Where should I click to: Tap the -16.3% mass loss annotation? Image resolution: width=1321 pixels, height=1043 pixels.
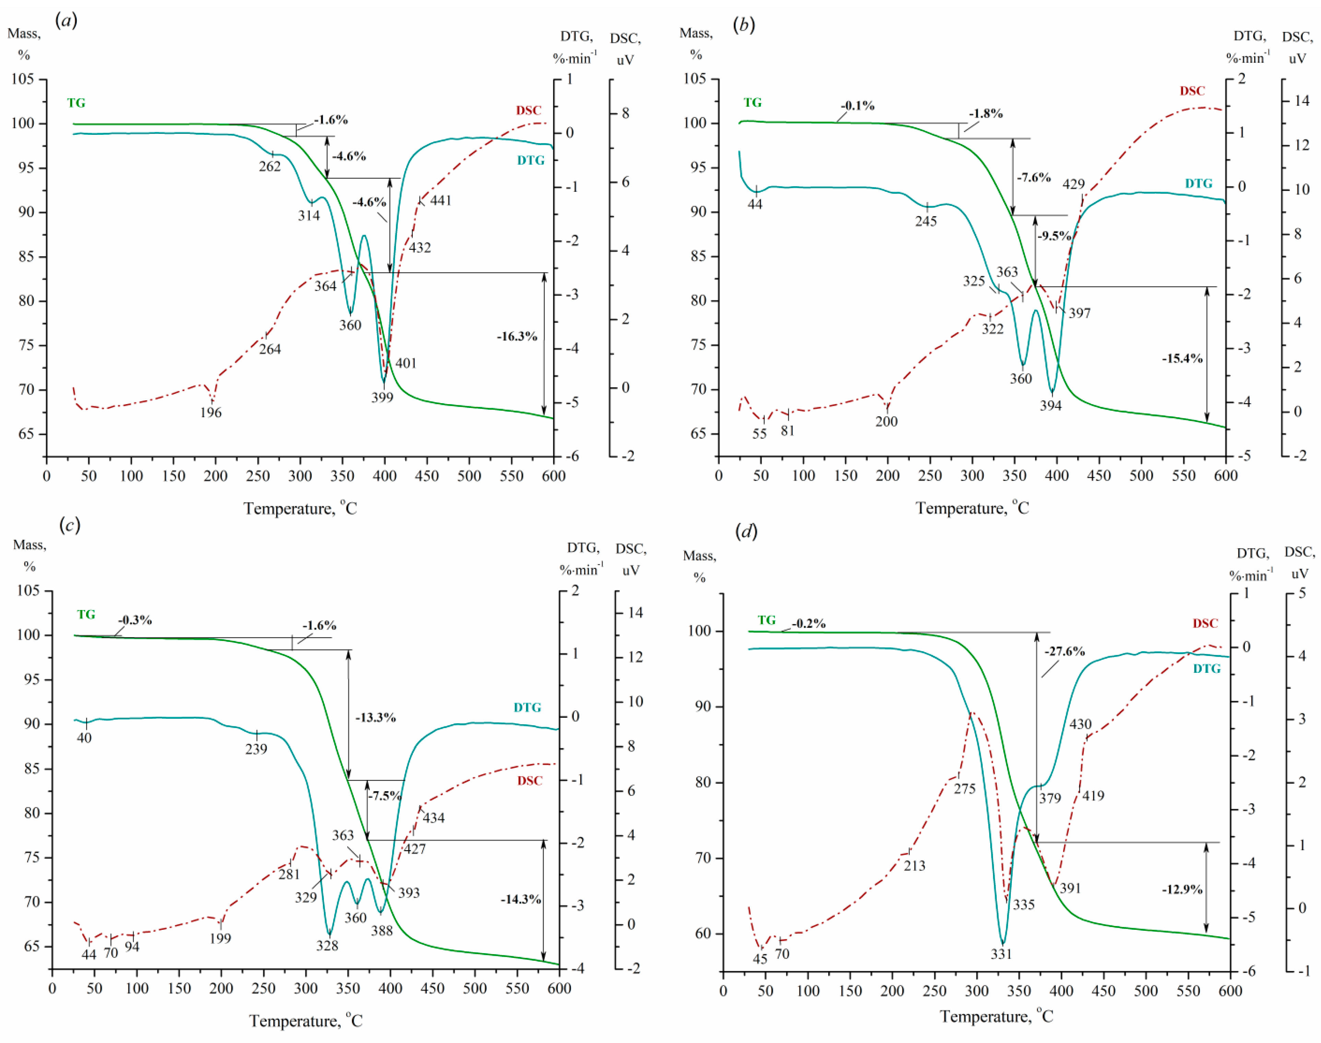click(517, 337)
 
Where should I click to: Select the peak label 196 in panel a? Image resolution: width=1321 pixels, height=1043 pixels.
click(211, 413)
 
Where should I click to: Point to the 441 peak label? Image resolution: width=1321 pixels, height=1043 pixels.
click(440, 201)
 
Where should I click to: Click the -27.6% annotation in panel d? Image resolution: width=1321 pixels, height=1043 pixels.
click(1064, 652)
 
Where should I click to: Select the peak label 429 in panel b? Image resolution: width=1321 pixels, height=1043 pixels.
click(1073, 185)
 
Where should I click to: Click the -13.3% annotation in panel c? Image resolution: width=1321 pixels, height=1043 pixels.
click(376, 717)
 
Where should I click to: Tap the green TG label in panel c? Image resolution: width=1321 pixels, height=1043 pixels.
click(86, 615)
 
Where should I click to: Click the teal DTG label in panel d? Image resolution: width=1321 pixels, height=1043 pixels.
click(1207, 669)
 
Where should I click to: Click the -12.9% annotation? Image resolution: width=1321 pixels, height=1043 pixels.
click(1182, 889)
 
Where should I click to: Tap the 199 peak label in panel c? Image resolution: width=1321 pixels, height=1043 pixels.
click(221, 939)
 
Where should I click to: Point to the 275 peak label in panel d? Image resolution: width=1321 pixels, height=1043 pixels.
click(965, 789)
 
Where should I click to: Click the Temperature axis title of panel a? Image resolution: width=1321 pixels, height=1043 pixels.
click(300, 509)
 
